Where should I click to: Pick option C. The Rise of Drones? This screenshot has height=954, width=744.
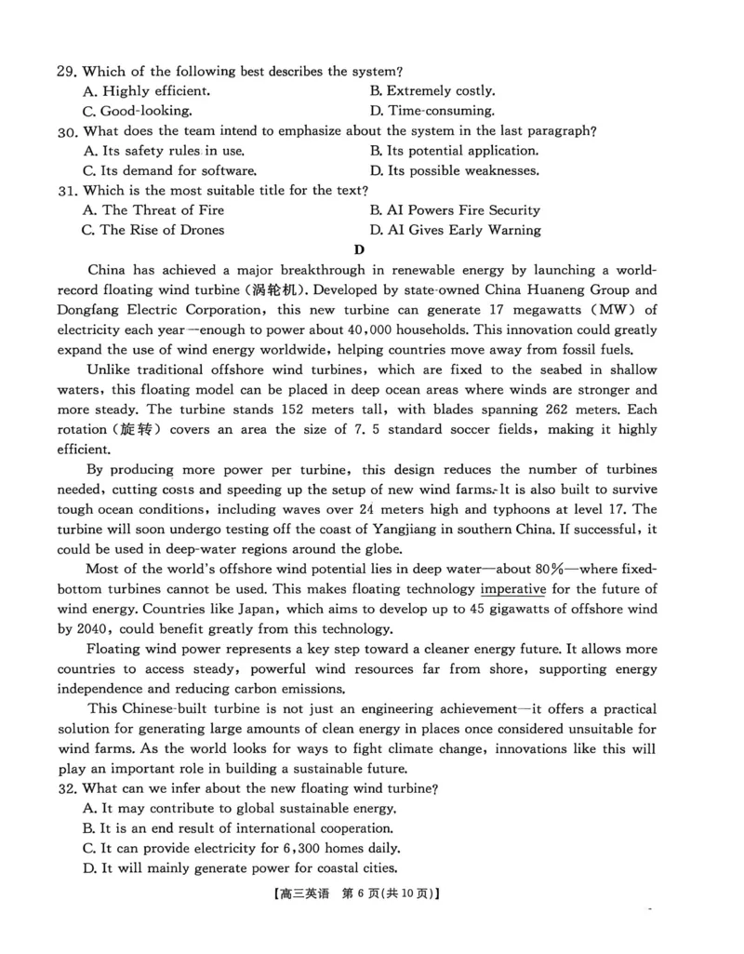pyautogui.click(x=153, y=230)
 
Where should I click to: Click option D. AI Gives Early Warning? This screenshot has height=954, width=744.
pyautogui.click(x=455, y=230)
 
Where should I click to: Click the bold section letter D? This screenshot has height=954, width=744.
pyautogui.click(x=359, y=249)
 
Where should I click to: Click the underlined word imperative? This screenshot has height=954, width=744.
pyautogui.click(x=512, y=589)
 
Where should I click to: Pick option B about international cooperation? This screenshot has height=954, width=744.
pyautogui.click(x=237, y=828)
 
